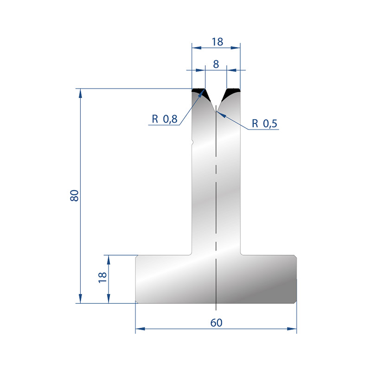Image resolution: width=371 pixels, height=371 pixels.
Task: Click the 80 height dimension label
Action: pos(74,195)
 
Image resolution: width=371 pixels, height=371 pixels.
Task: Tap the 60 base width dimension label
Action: pos(216,323)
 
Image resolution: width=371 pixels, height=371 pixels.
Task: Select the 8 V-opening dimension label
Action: pos(216,64)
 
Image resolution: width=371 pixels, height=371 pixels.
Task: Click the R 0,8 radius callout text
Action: pos(165,119)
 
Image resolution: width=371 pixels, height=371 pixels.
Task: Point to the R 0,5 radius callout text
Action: pos(264,123)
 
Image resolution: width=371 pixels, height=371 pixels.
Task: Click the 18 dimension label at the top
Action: pos(217,42)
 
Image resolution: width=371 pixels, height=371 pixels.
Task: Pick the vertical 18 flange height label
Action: pos(102,277)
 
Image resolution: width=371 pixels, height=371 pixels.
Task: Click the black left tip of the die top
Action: pos(201,93)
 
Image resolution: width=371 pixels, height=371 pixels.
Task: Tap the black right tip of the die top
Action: pos(231,93)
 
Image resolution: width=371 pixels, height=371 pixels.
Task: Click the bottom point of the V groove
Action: pos(216,111)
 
